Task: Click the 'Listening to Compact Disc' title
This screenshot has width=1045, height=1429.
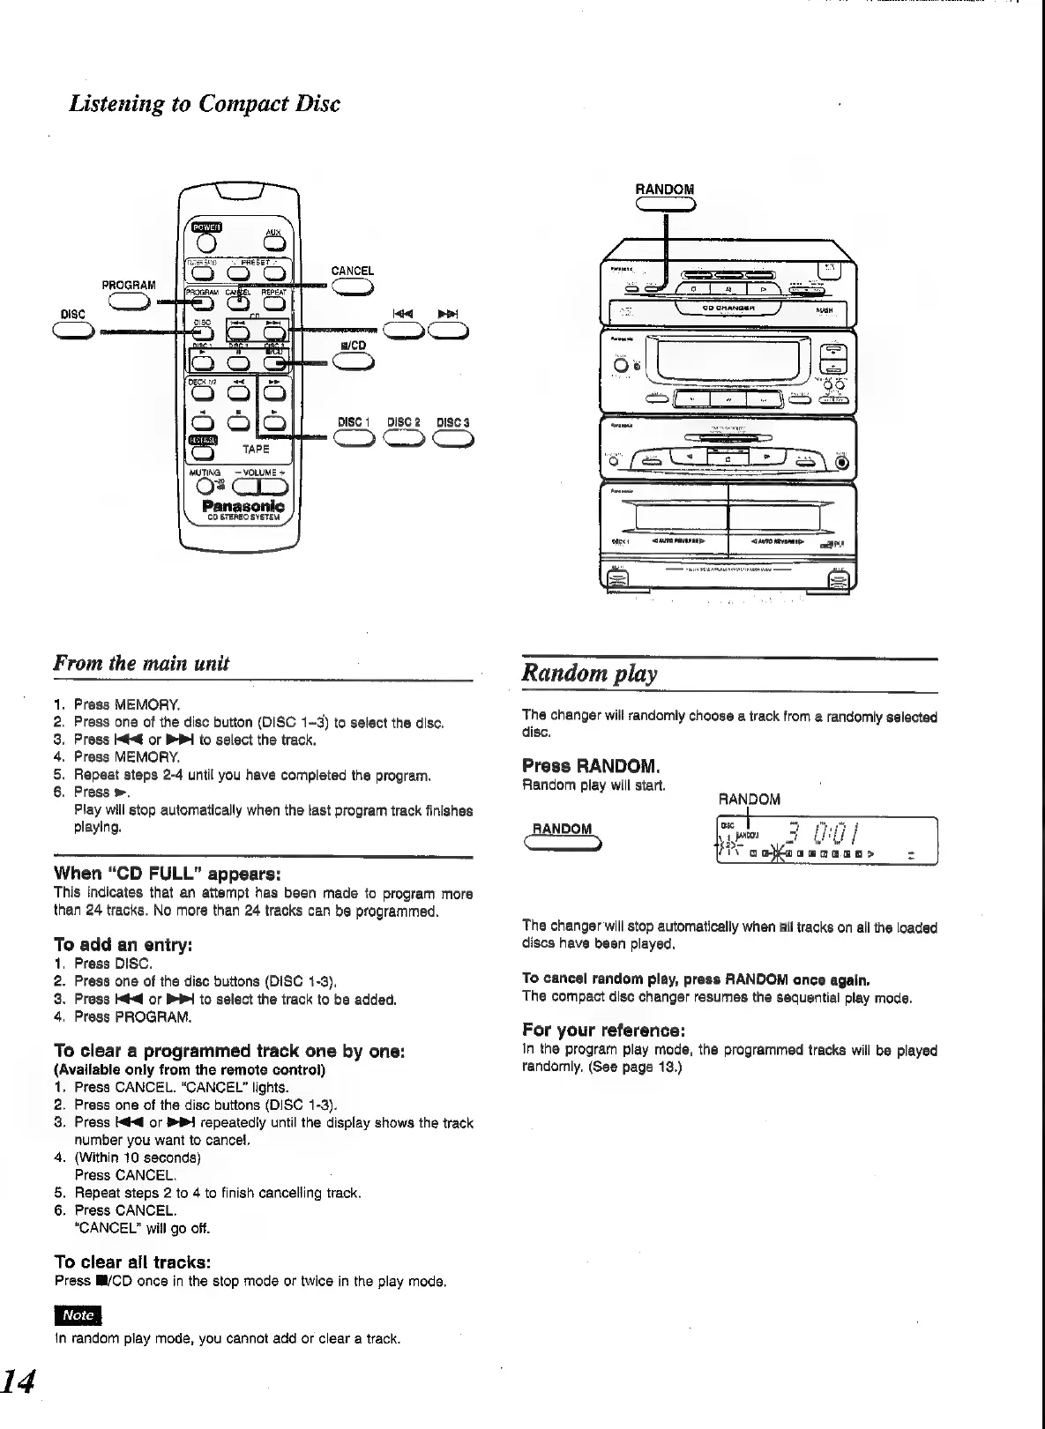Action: [205, 103]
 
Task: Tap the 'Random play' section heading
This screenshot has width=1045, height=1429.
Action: [590, 674]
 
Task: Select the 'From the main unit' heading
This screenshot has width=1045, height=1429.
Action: [142, 663]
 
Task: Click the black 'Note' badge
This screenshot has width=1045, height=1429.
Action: [78, 1314]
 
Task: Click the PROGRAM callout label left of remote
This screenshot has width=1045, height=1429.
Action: [129, 285]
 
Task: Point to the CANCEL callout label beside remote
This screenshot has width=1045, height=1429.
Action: [353, 272]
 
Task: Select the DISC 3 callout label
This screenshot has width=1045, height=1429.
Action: [453, 422]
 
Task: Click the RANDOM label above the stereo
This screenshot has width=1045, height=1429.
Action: [665, 190]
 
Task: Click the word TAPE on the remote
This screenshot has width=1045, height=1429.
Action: [256, 449]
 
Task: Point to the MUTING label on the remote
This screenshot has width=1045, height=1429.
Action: [205, 473]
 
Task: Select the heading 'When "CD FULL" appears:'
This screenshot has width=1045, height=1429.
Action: [168, 874]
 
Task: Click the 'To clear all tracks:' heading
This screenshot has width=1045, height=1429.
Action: [132, 1262]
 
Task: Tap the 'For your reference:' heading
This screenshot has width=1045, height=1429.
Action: [604, 1030]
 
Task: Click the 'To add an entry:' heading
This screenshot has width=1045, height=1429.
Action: [123, 945]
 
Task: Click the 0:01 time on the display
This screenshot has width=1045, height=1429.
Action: [833, 833]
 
